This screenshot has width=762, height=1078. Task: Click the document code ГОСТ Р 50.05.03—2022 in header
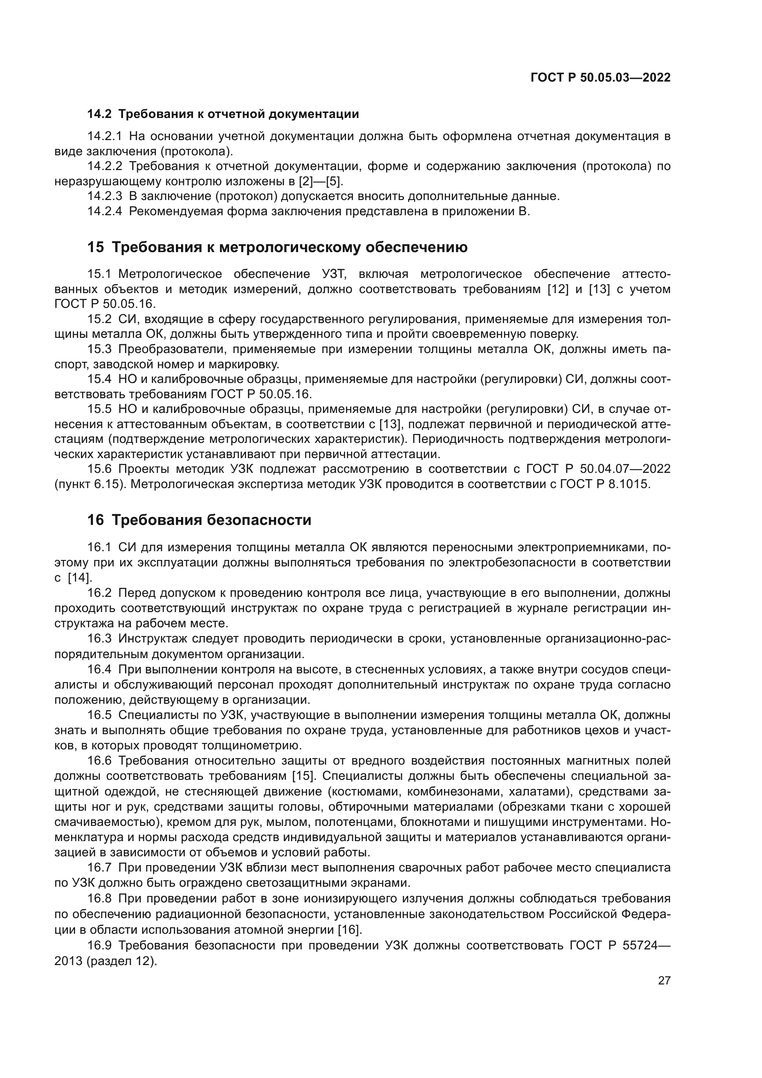(x=600, y=77)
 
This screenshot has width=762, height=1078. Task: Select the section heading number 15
(x=95, y=247)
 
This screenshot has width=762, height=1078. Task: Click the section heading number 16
(x=95, y=520)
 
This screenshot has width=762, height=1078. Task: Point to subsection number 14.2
(x=100, y=114)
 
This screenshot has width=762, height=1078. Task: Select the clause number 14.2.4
(x=105, y=211)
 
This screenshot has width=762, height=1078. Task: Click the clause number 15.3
(x=100, y=349)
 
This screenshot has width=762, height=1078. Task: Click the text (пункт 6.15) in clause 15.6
(x=90, y=484)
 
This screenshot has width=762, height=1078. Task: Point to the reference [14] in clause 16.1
(x=80, y=577)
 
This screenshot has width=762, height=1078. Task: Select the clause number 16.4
(x=100, y=669)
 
